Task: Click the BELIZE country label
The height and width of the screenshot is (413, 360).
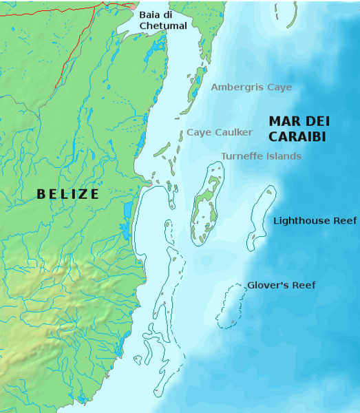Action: coord(68,194)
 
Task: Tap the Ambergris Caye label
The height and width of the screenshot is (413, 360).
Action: coord(251,87)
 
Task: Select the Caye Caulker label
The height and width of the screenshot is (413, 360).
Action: coord(220,132)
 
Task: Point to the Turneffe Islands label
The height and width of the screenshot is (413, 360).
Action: coord(261,156)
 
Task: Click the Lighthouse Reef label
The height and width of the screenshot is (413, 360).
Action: coord(315,221)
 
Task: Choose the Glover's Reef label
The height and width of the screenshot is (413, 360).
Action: coord(281,285)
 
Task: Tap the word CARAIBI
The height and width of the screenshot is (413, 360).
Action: coord(297,136)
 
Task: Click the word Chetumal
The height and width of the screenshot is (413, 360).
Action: coord(163,26)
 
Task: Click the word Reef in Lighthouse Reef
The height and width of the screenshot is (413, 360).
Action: coord(344,221)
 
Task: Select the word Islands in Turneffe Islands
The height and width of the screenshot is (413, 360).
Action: coord(284,156)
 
